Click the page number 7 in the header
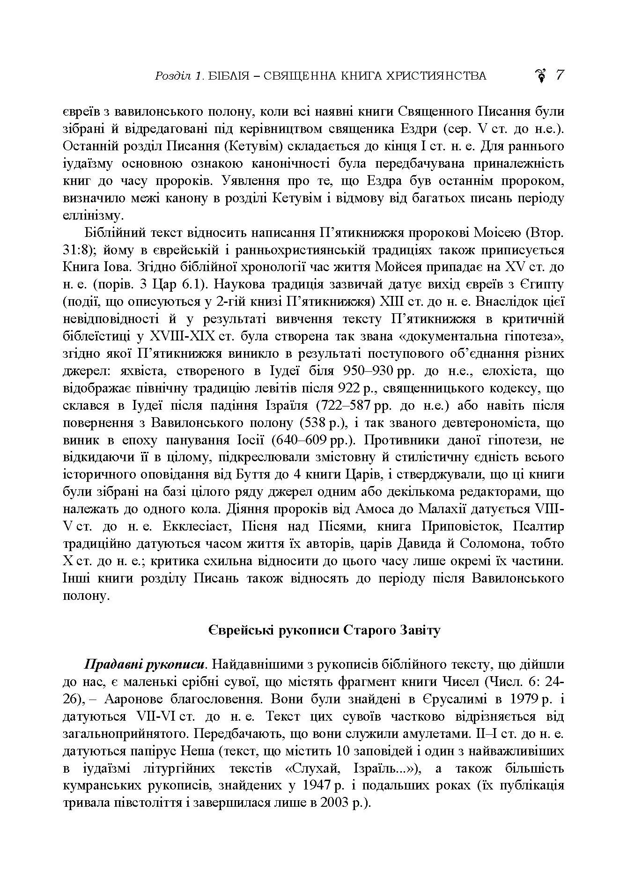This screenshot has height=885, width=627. (x=560, y=75)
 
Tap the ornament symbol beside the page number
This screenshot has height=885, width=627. (x=541, y=76)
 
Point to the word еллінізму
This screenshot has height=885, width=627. (x=87, y=215)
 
